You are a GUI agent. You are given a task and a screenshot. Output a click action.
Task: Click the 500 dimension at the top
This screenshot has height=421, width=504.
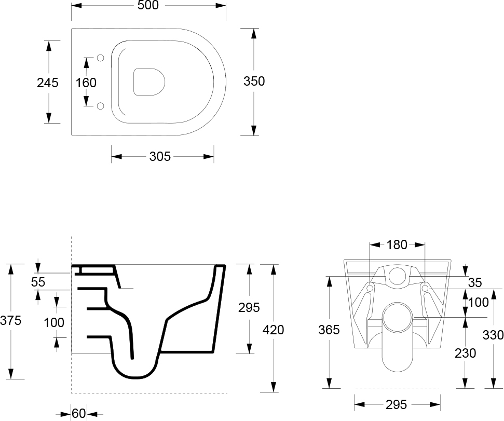pyautogui.click(x=148, y=5)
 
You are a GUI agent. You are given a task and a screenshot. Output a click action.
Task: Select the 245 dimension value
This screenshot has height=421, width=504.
pyautogui.click(x=48, y=83)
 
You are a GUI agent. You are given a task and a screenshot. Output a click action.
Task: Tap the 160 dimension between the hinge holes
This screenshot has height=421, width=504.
pyautogui.click(x=86, y=83)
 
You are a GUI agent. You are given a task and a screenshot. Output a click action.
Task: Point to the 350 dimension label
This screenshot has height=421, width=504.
pyautogui.click(x=254, y=81)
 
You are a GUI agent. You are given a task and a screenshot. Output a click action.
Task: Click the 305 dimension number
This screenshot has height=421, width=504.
pyautogui.click(x=160, y=156)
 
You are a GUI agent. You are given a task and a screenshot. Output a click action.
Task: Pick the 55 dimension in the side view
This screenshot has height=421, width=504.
pyautogui.click(x=38, y=282)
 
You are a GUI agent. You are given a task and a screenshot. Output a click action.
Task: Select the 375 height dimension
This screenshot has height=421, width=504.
pyautogui.click(x=10, y=320)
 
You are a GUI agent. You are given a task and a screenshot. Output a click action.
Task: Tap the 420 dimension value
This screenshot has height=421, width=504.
pyautogui.click(x=273, y=330)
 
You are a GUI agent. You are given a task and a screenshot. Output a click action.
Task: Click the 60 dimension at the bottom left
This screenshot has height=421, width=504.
pyautogui.click(x=79, y=413)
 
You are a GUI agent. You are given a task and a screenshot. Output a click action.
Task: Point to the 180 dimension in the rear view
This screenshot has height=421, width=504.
pyautogui.click(x=397, y=245)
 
